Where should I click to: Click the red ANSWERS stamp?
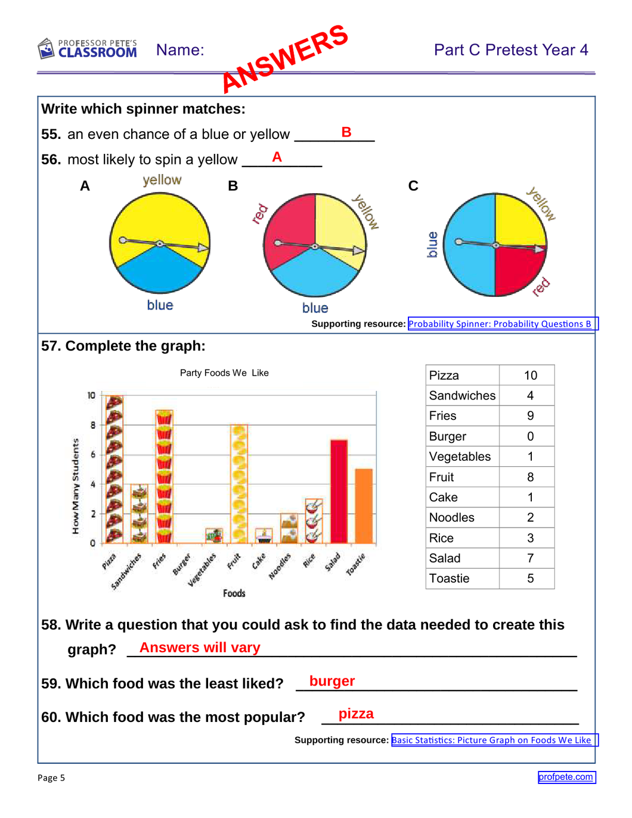coord(285,58)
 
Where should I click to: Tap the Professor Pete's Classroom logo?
coord(88,49)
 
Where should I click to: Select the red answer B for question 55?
coord(346,132)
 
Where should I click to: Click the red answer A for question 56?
coord(277,157)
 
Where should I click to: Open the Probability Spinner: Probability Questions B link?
coord(500,324)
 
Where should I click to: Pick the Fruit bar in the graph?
coord(239,484)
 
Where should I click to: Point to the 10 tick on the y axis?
coord(91,395)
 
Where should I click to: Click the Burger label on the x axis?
coord(182,564)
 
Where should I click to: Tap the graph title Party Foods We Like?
coord(224,373)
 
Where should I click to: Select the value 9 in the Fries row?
coord(530,416)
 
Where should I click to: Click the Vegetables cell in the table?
coord(460,457)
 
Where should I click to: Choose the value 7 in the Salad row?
coord(530,559)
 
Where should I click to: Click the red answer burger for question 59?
coord(332,681)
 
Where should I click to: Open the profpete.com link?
coord(566,777)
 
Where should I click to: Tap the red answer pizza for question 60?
coord(356,714)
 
